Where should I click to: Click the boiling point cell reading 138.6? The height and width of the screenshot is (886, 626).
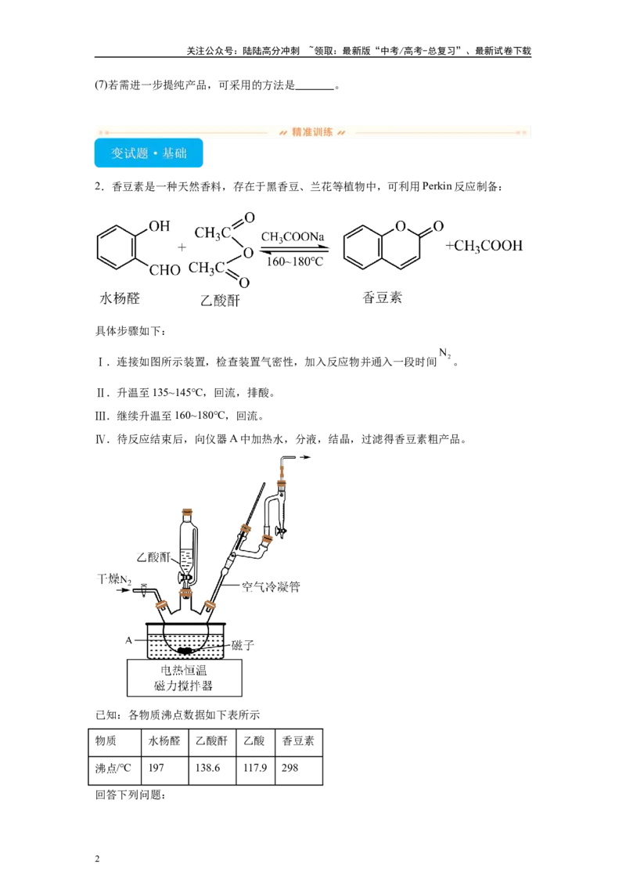pyautogui.click(x=207, y=768)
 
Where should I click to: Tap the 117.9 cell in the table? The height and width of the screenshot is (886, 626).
pyautogui.click(x=255, y=768)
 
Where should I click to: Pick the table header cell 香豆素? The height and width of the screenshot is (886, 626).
pyautogui.click(x=298, y=740)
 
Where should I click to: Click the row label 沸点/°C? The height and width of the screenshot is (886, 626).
pyautogui.click(x=113, y=768)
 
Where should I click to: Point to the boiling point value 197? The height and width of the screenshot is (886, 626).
pyautogui.click(x=156, y=768)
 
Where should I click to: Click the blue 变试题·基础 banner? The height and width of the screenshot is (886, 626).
pyautogui.click(x=149, y=153)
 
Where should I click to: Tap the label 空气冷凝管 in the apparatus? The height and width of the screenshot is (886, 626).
pyautogui.click(x=271, y=586)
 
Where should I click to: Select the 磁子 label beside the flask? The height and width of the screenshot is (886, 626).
pyautogui.click(x=243, y=645)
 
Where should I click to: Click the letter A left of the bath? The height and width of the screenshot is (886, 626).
pyautogui.click(x=129, y=640)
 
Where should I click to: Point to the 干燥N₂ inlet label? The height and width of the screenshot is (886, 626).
pyautogui.click(x=114, y=579)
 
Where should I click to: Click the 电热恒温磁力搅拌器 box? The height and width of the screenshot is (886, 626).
pyautogui.click(x=184, y=678)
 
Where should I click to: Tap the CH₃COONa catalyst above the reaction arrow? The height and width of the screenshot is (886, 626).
pyautogui.click(x=293, y=236)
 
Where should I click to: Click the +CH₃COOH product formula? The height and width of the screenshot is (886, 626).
pyautogui.click(x=484, y=246)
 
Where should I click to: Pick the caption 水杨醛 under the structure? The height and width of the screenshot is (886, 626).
pyautogui.click(x=119, y=297)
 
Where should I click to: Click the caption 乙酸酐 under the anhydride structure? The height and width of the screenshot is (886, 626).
pyautogui.click(x=220, y=300)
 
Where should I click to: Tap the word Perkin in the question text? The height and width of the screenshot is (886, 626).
pyautogui.click(x=437, y=186)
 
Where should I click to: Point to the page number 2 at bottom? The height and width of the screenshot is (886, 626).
pyautogui.click(x=97, y=859)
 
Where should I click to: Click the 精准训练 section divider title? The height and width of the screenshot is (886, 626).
pyautogui.click(x=312, y=132)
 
